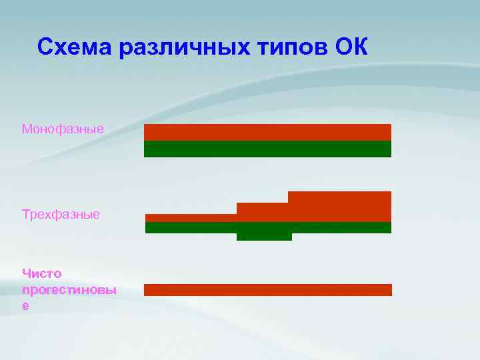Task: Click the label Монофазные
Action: click(63, 128)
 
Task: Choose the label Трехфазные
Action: click(61, 215)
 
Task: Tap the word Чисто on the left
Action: click(41, 273)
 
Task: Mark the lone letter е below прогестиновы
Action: click(25, 305)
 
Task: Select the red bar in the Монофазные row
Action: click(267, 132)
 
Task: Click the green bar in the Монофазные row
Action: click(267, 149)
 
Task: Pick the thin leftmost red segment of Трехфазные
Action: click(191, 217)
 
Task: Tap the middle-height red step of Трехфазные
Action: click(262, 212)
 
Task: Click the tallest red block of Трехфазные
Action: click(339, 206)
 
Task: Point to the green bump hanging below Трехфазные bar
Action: click(264, 236)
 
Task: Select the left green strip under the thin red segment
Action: click(191, 227)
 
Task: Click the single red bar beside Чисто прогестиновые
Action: click(267, 289)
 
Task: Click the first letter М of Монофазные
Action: click(27, 128)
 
